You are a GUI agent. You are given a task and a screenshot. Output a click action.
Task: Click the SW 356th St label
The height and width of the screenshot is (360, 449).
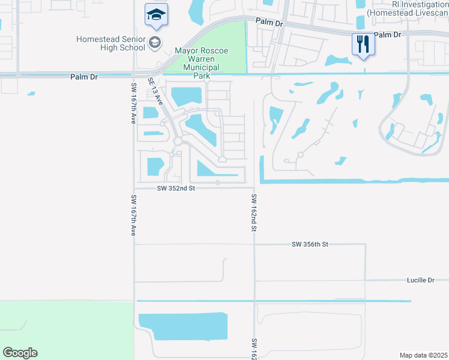(310, 244)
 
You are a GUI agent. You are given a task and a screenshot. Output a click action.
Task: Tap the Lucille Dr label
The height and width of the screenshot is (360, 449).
(420, 280)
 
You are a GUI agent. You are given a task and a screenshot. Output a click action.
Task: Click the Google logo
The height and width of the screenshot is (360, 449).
(20, 353)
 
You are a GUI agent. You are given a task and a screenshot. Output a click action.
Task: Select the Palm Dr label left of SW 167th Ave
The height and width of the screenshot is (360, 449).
(83, 77)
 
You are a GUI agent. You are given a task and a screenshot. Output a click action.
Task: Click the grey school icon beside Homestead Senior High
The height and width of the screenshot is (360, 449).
(155, 42)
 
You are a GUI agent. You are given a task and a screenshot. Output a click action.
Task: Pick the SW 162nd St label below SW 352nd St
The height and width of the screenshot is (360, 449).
(254, 213)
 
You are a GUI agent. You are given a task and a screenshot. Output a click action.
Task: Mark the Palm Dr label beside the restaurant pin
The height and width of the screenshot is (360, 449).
(387, 35)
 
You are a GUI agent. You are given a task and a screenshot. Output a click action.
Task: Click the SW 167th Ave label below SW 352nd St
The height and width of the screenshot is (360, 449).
(134, 215)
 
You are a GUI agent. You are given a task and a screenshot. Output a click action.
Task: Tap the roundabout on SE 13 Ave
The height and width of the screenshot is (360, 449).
(177, 141)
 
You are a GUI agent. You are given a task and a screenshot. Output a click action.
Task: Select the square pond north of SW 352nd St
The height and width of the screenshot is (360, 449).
(155, 165)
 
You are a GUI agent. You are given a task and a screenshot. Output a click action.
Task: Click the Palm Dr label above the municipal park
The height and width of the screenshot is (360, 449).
(268, 22)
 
